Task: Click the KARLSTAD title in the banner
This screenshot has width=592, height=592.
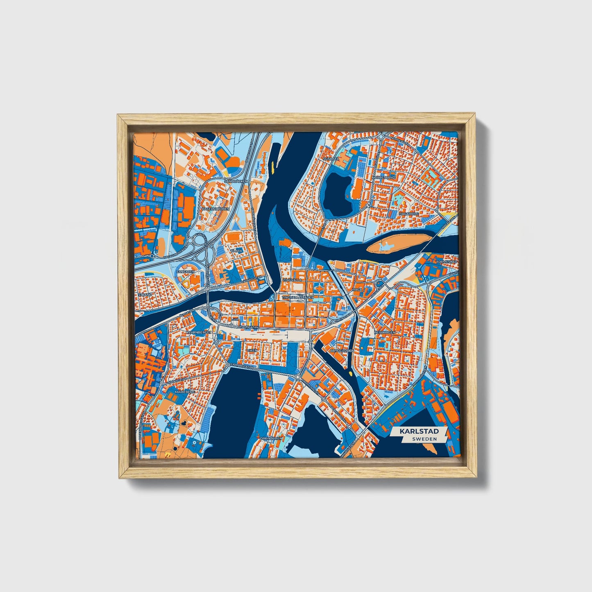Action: pos(419,431)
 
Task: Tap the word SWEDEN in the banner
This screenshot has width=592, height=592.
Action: pos(424,439)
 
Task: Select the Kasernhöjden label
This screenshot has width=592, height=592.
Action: pos(216,209)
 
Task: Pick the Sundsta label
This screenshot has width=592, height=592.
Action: pos(331,159)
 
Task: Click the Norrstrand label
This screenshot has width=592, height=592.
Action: pos(384,178)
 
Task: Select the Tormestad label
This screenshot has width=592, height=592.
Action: pos(447,261)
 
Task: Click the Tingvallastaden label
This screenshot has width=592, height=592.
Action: pos(298,297)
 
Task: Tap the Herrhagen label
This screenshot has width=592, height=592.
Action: pos(384,332)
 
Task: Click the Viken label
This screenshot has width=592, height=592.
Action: pos(251,351)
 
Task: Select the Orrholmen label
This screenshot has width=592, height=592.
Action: pos(271,438)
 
